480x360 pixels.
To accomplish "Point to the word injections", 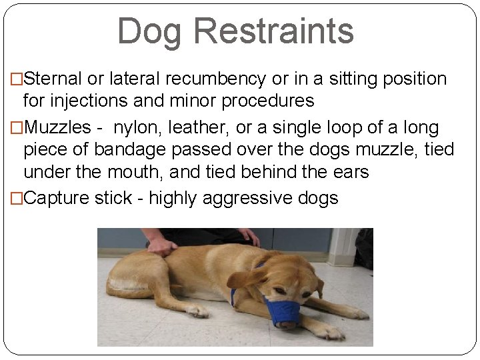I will click(x=92, y=101).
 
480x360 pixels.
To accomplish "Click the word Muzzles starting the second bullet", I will click(x=53, y=126).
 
